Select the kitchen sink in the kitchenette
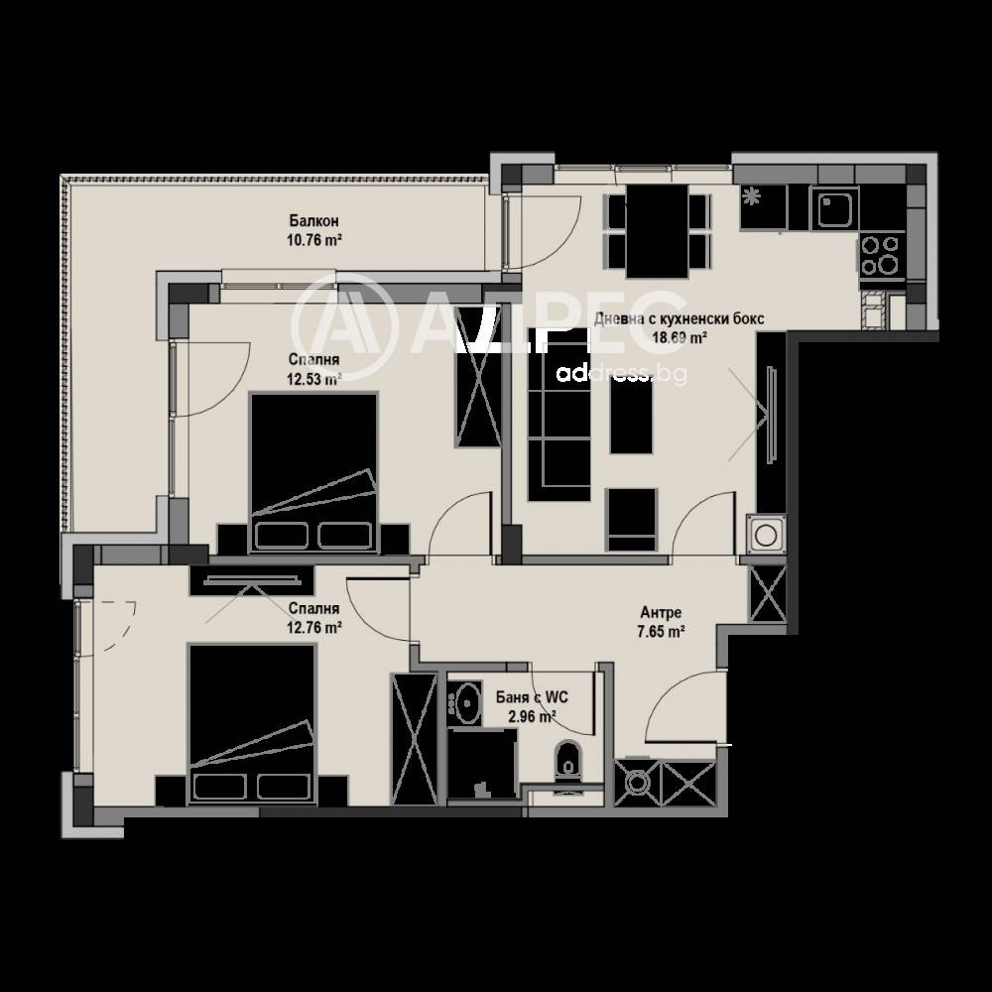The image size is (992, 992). pyautogui.click(x=833, y=207)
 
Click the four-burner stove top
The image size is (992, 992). pyautogui.click(x=880, y=254)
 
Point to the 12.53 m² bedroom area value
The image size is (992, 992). pyautogui.click(x=314, y=378)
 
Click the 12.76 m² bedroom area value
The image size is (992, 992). pyautogui.click(x=314, y=627)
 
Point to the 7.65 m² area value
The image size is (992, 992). pyautogui.click(x=662, y=631)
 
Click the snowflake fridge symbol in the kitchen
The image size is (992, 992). pyautogui.click(x=752, y=195)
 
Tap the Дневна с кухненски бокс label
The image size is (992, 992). pyautogui.click(x=680, y=319)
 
